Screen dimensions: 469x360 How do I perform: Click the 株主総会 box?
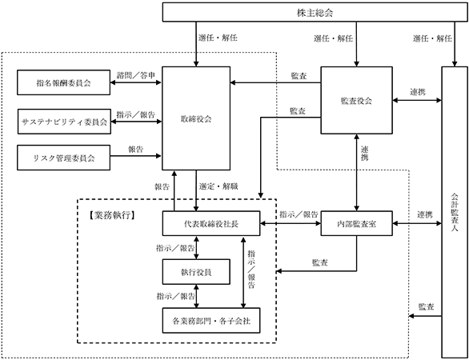[315, 12]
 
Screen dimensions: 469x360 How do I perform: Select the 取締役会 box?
[196, 118]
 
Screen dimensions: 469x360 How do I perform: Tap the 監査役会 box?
[356, 100]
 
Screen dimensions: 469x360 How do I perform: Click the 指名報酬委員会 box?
[63, 82]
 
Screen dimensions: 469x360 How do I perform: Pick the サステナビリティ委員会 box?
[64, 122]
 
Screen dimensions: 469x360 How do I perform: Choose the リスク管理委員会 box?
[63, 158]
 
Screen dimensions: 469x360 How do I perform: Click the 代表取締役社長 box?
[211, 223]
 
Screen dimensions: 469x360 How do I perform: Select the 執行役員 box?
[196, 272]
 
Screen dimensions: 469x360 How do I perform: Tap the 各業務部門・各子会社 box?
[211, 321]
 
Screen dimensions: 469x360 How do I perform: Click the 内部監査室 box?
[356, 223]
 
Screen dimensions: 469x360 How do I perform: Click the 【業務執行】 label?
[111, 215]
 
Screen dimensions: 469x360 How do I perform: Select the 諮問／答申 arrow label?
[136, 75]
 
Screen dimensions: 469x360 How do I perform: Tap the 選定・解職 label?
[218, 186]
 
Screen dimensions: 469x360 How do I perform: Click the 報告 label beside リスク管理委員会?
[136, 150]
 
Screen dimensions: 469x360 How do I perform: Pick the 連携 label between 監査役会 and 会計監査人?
[418, 92]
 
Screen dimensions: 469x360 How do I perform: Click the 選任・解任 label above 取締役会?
[218, 38]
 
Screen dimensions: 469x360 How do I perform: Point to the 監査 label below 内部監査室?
[320, 263]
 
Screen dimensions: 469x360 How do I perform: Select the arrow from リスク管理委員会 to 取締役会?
[136, 156]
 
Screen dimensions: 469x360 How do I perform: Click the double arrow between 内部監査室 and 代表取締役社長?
[291, 223]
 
